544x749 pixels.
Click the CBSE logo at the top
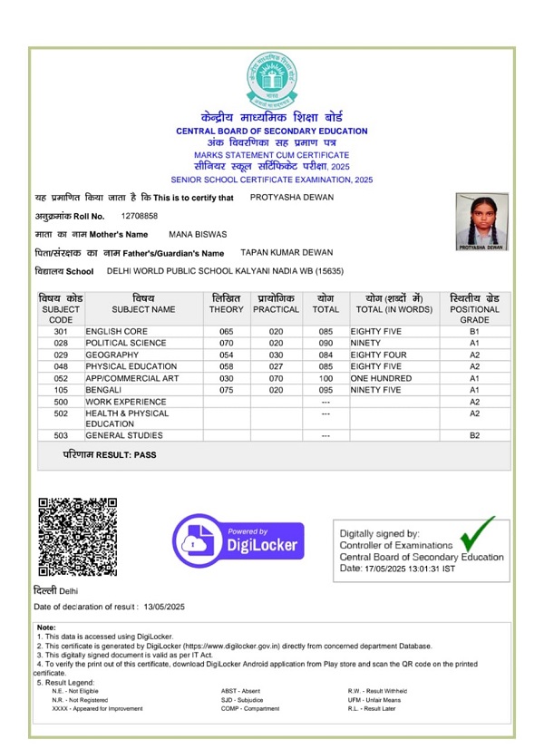[x=271, y=79]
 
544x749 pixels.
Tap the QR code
[x=77, y=537]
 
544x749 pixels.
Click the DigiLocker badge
[x=238, y=538]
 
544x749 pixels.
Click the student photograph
[x=481, y=220]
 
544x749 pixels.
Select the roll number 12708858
[x=139, y=216]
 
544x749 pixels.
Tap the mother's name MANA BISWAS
[x=197, y=235]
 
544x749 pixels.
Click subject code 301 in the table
[x=61, y=332]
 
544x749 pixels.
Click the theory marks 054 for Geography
[x=226, y=355]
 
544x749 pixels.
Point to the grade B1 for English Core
[x=474, y=332]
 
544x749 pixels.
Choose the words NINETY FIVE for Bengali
[x=375, y=390]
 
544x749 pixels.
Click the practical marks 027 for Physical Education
[x=276, y=366]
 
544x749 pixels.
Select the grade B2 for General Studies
[x=474, y=436]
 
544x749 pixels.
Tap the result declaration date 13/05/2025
[x=163, y=606]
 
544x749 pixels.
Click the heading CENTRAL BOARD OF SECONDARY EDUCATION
[x=271, y=131]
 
